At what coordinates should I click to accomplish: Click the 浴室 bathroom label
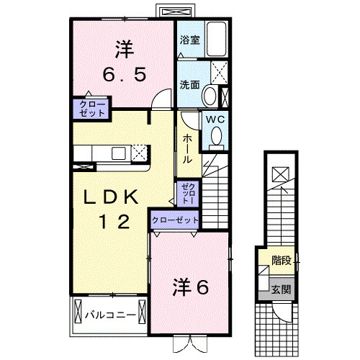click(x=191, y=41)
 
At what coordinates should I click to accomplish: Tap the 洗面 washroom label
click(x=189, y=84)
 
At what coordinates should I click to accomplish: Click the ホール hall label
click(x=187, y=147)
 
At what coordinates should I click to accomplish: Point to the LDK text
click(x=114, y=198)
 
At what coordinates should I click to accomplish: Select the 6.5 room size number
click(x=123, y=75)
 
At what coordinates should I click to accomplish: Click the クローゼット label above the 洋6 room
click(x=175, y=220)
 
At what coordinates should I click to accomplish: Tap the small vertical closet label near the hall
click(x=186, y=192)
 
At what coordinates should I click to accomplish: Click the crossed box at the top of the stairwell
click(x=280, y=174)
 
